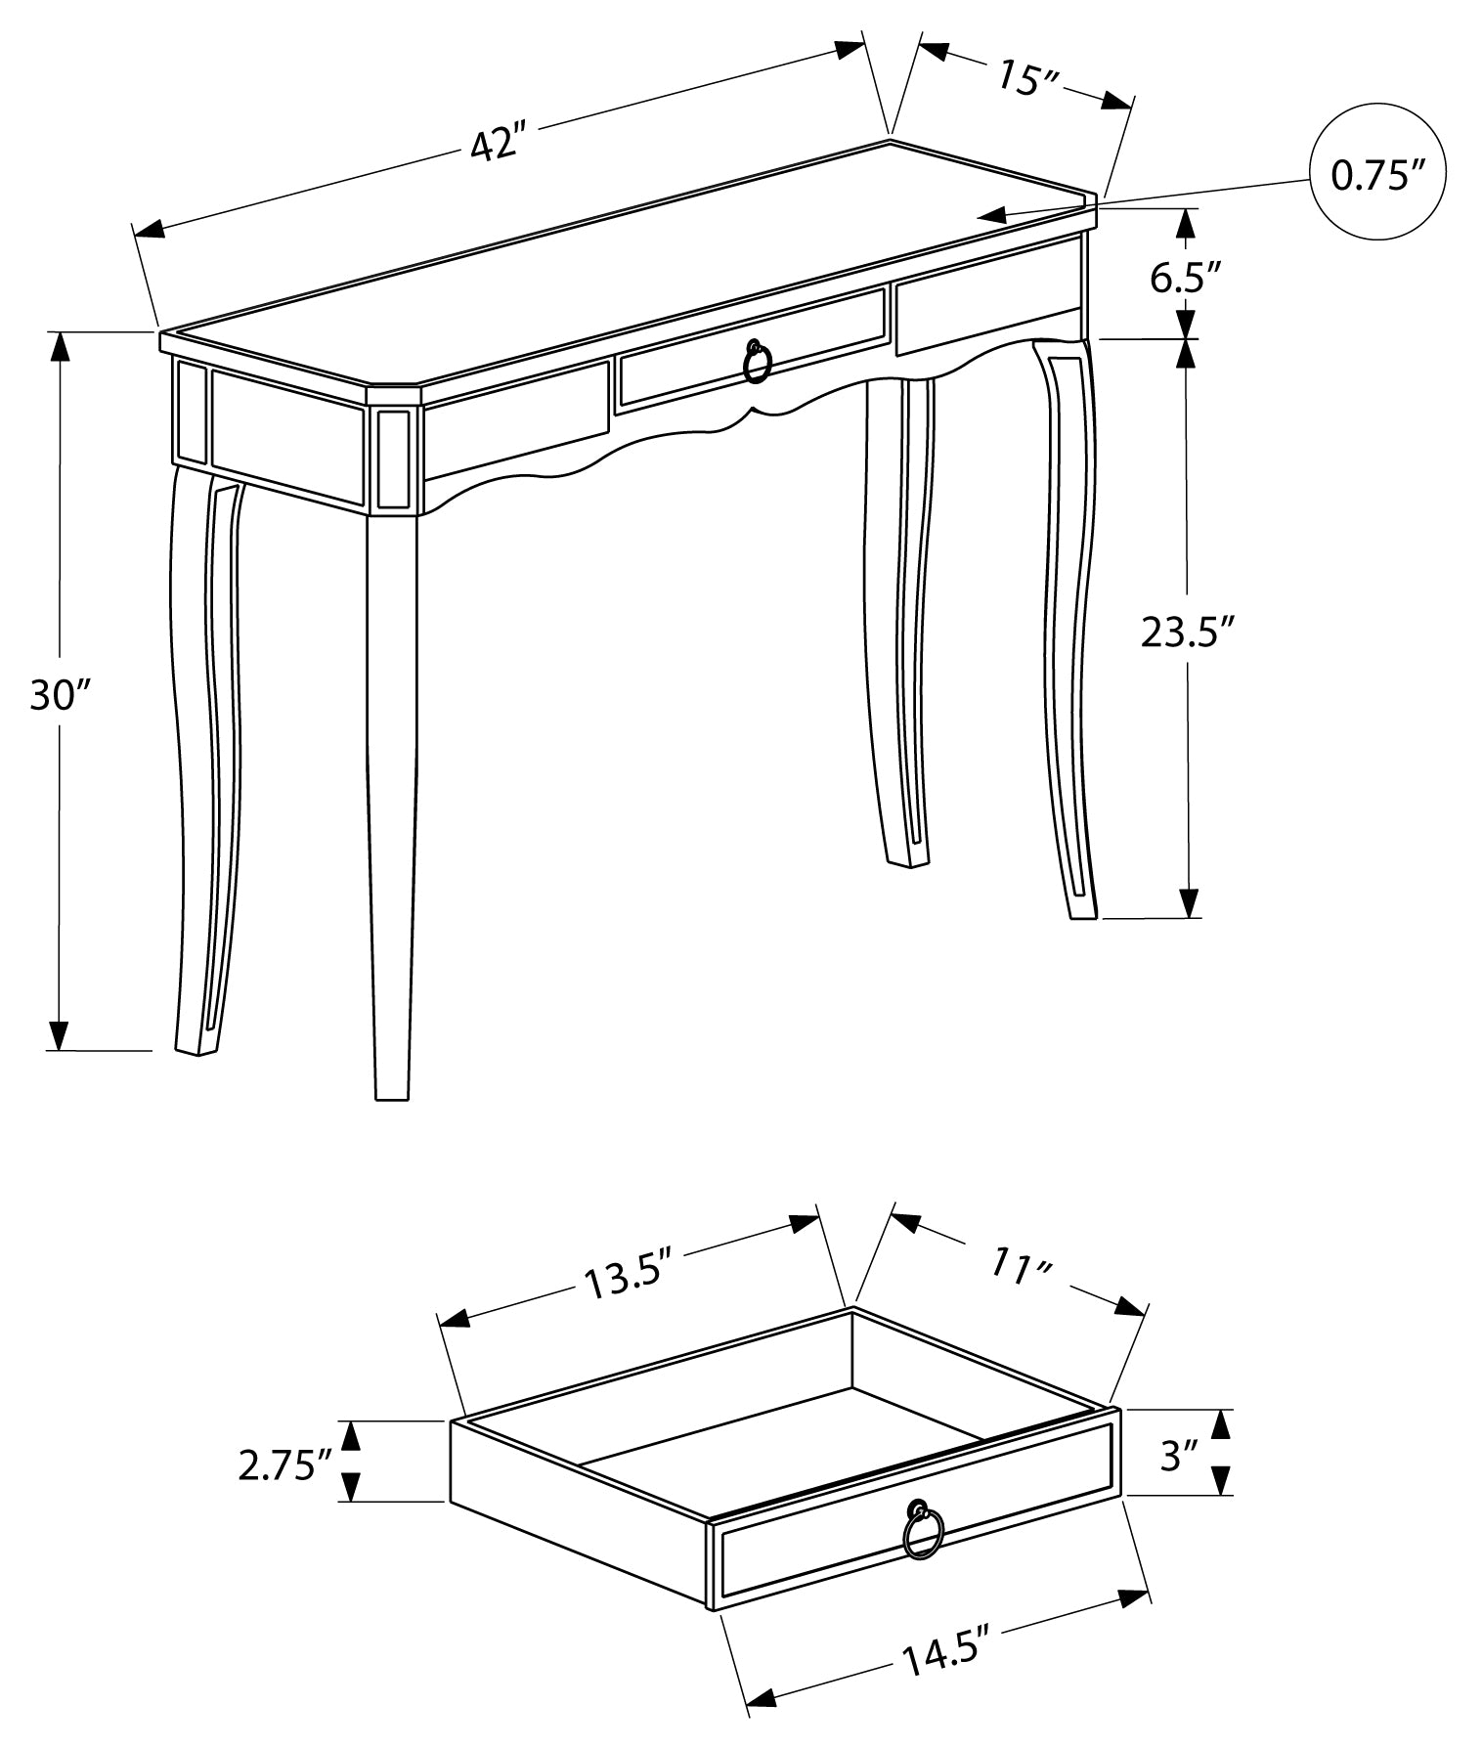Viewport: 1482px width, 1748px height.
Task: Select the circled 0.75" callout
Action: point(1376,175)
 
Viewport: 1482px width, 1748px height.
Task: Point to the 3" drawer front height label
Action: point(1179,1457)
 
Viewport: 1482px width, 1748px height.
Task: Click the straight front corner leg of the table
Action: point(392,802)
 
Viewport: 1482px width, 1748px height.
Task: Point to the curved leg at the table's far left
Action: point(207,763)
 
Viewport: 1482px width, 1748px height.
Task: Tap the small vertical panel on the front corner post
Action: point(393,459)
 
